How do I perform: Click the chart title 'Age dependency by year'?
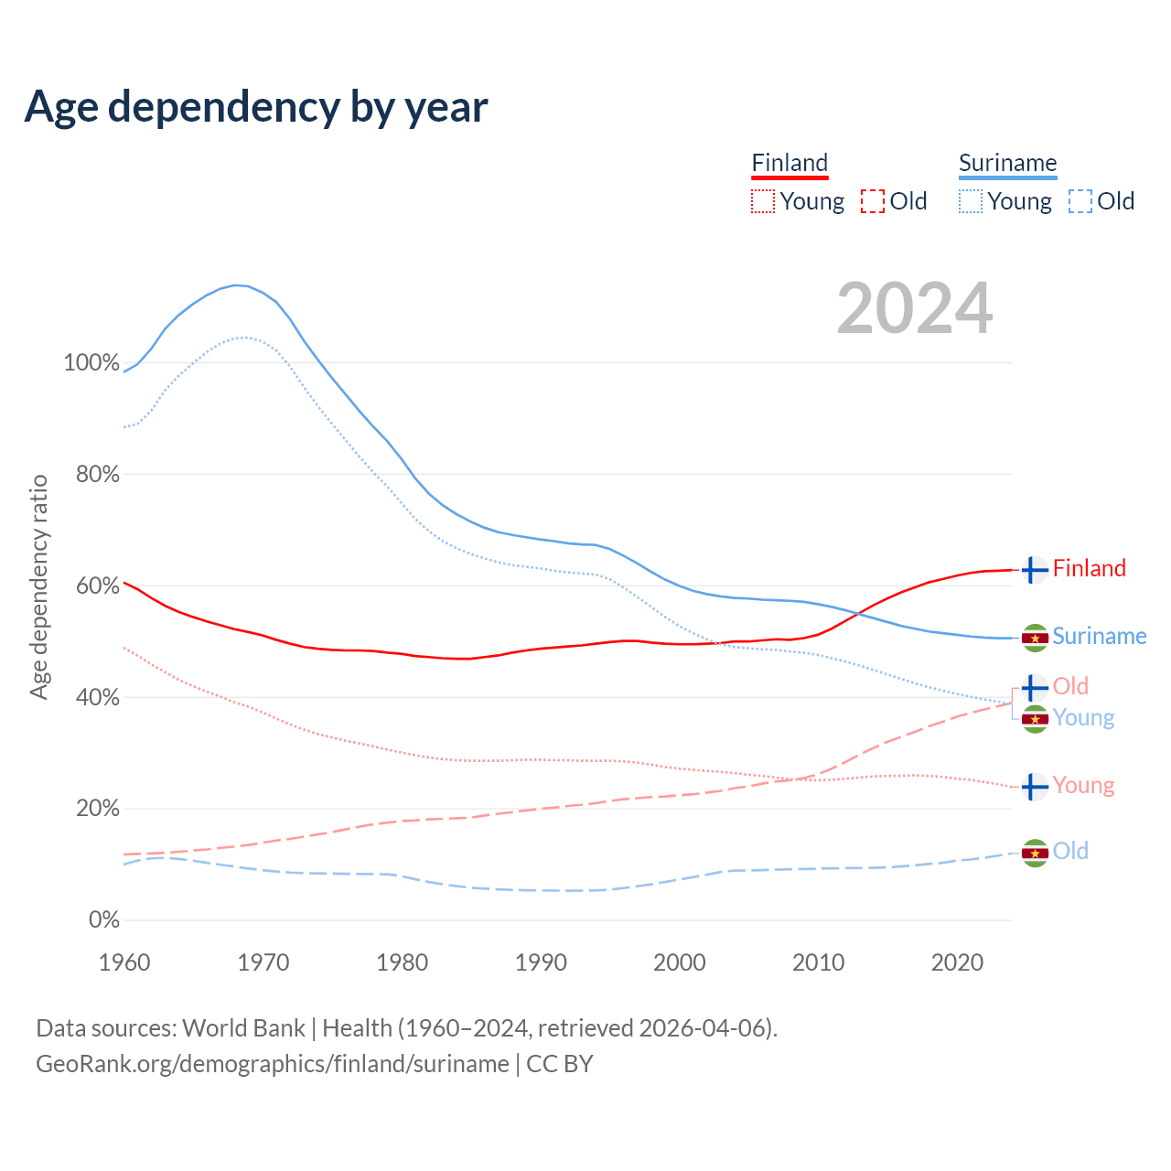256,107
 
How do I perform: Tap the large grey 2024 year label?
914,308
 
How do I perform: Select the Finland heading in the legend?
790,164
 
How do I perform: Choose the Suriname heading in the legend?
1007,164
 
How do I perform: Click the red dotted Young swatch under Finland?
763,201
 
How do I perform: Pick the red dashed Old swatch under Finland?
873,201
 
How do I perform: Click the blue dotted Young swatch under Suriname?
971,201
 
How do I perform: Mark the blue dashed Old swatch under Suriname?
1080,201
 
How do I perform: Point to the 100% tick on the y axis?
91,363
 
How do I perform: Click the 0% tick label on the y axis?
104,920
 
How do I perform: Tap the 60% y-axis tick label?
97,586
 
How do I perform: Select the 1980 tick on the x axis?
403,962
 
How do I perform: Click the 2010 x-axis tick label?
818,962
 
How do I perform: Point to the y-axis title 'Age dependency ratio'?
38,586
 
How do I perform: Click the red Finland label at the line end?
1089,568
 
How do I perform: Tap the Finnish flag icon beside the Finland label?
1035,570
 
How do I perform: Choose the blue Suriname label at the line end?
1099,636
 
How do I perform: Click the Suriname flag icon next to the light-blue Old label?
1035,853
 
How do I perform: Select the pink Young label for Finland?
1083,785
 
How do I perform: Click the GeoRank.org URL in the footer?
273,1064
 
